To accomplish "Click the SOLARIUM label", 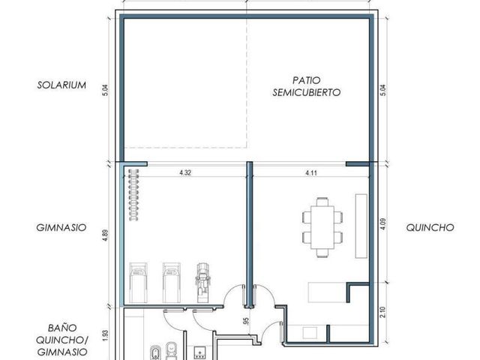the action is click(61, 85).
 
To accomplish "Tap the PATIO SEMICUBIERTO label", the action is click(307, 86).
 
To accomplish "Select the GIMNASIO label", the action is click(61, 228).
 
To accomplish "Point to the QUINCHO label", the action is click(430, 228).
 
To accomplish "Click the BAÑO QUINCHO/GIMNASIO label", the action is click(61, 340).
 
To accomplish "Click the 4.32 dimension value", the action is click(185, 172).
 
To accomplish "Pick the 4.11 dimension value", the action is click(311, 173).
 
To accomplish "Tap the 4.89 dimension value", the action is click(105, 235).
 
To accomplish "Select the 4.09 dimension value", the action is click(383, 224).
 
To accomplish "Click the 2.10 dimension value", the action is click(383, 312).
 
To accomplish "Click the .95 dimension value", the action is click(246, 321).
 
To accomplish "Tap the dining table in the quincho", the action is click(322, 227).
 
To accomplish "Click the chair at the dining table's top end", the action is click(322, 202).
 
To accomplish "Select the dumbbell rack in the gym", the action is click(133, 195).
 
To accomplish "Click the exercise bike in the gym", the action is click(202, 283).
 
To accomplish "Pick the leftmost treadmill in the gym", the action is click(138, 283).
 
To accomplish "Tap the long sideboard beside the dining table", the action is click(361, 226).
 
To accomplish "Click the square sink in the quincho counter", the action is click(310, 333).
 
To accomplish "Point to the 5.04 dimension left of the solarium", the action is click(105, 90).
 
